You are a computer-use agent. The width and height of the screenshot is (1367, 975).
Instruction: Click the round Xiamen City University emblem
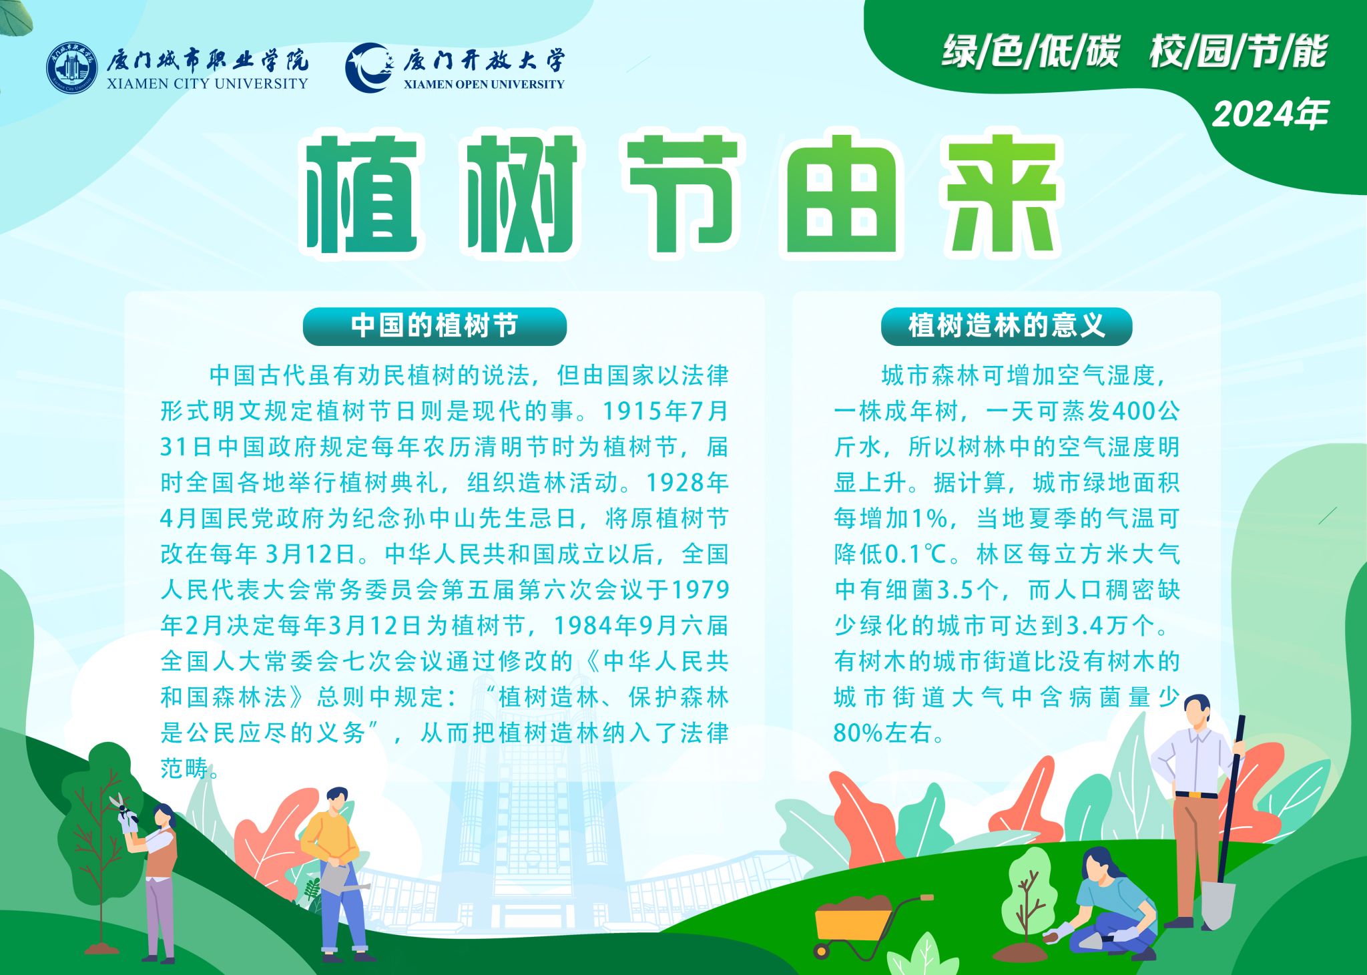(x=71, y=69)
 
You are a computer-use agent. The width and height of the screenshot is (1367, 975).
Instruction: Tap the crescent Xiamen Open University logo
(x=368, y=67)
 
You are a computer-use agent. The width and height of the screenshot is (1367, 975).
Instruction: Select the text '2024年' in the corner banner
(x=1270, y=114)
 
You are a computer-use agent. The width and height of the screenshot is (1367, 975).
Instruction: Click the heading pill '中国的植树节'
(x=435, y=326)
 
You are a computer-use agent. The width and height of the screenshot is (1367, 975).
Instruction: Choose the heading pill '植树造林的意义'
(x=1007, y=326)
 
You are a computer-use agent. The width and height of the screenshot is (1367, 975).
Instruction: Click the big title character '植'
(x=363, y=195)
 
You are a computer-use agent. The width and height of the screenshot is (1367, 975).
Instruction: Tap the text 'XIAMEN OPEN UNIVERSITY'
(x=484, y=84)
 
